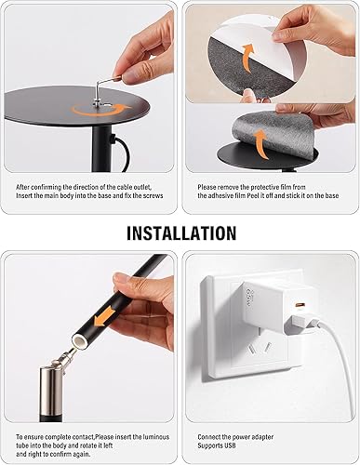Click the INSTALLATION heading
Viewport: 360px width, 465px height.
180,232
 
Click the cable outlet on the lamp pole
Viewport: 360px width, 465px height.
111,144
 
